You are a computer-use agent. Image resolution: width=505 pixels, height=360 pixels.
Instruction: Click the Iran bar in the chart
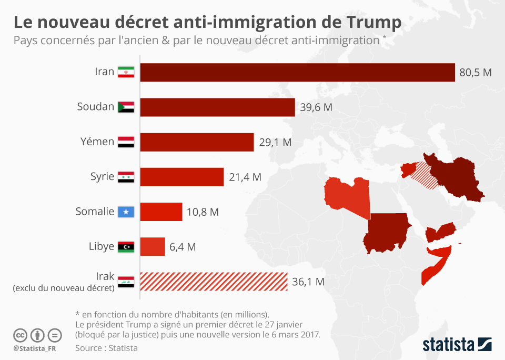click(297, 73)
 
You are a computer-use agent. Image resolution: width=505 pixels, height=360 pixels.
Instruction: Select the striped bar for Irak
click(214, 282)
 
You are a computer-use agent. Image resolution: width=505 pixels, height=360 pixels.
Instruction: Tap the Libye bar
click(153, 246)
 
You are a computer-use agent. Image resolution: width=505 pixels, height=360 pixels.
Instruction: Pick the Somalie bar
click(161, 212)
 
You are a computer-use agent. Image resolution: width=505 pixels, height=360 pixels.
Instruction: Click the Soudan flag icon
click(126, 107)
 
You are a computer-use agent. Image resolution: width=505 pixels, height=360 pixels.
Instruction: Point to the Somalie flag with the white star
click(126, 212)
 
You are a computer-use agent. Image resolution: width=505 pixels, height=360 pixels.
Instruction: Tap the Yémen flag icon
click(126, 142)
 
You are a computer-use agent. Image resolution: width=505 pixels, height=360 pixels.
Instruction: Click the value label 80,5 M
click(475, 73)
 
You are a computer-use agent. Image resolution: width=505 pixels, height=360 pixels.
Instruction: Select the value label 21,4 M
click(245, 177)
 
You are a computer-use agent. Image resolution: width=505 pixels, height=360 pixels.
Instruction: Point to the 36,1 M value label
click(308, 282)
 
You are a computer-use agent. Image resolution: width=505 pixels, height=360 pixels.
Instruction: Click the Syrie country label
click(102, 176)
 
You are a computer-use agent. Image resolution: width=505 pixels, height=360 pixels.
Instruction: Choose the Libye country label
click(102, 246)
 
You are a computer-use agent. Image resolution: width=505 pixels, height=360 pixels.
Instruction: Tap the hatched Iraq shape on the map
click(424, 175)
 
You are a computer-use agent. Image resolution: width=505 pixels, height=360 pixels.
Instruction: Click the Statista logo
click(457, 345)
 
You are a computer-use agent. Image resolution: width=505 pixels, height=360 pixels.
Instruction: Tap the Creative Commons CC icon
click(20, 335)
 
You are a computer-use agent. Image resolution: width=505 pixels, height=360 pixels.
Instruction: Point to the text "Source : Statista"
click(106, 348)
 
